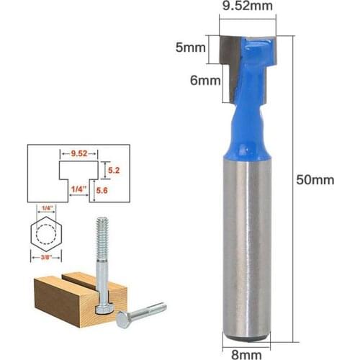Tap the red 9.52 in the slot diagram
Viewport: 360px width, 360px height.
coord(73,153)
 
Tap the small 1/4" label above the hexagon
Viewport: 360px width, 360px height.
coord(45,208)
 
